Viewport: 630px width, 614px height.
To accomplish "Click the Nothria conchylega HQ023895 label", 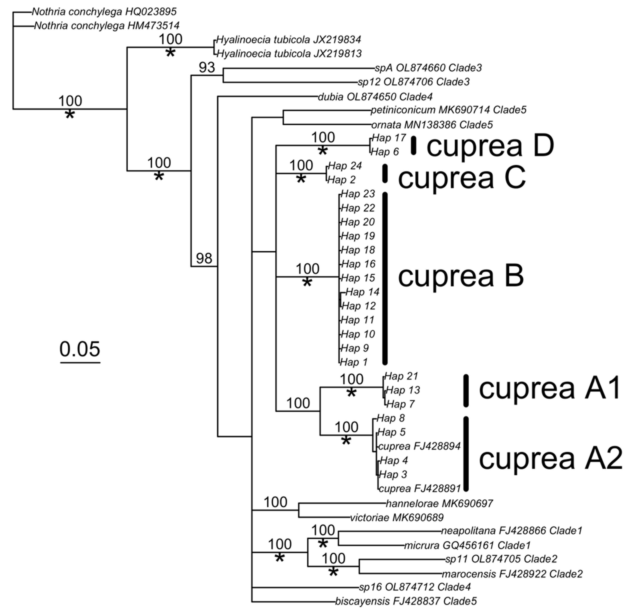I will coord(104,12).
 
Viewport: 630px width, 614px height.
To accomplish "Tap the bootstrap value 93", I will coord(207,68).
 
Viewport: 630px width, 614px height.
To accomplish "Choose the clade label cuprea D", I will coord(490,146).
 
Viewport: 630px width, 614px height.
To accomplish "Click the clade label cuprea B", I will coord(461,277).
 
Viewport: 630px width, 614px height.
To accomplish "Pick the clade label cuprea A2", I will coord(550,459).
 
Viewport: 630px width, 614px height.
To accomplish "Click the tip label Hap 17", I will coord(388,138).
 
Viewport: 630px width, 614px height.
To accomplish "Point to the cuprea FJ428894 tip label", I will coord(419,446).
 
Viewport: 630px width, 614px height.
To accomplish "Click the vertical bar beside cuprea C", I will coord(385,173).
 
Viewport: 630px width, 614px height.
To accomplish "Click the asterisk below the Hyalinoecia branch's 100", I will coord(170,53).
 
